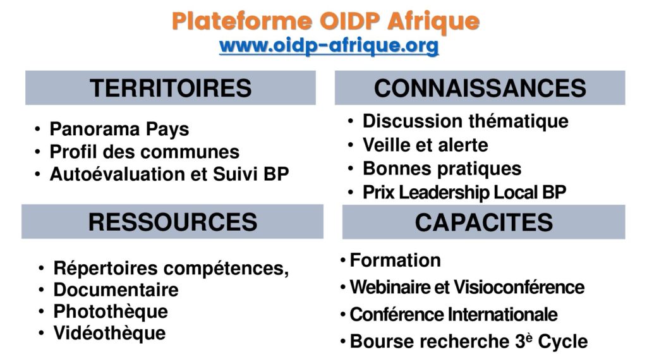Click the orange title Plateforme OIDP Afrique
[325, 22]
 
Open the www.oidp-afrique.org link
[329, 45]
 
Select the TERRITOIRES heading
[171, 88]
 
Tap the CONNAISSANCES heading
[480, 88]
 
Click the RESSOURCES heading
[172, 222]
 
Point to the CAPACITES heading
[483, 222]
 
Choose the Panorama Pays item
[119, 129]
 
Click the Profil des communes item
[145, 152]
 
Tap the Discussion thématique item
[466, 121]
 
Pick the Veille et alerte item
[425, 145]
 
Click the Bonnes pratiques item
[442, 169]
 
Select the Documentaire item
[116, 289]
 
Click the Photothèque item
[111, 312]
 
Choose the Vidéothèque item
[109, 333]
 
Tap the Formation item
[396, 260]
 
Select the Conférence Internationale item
[454, 315]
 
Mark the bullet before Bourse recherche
[343, 342]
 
